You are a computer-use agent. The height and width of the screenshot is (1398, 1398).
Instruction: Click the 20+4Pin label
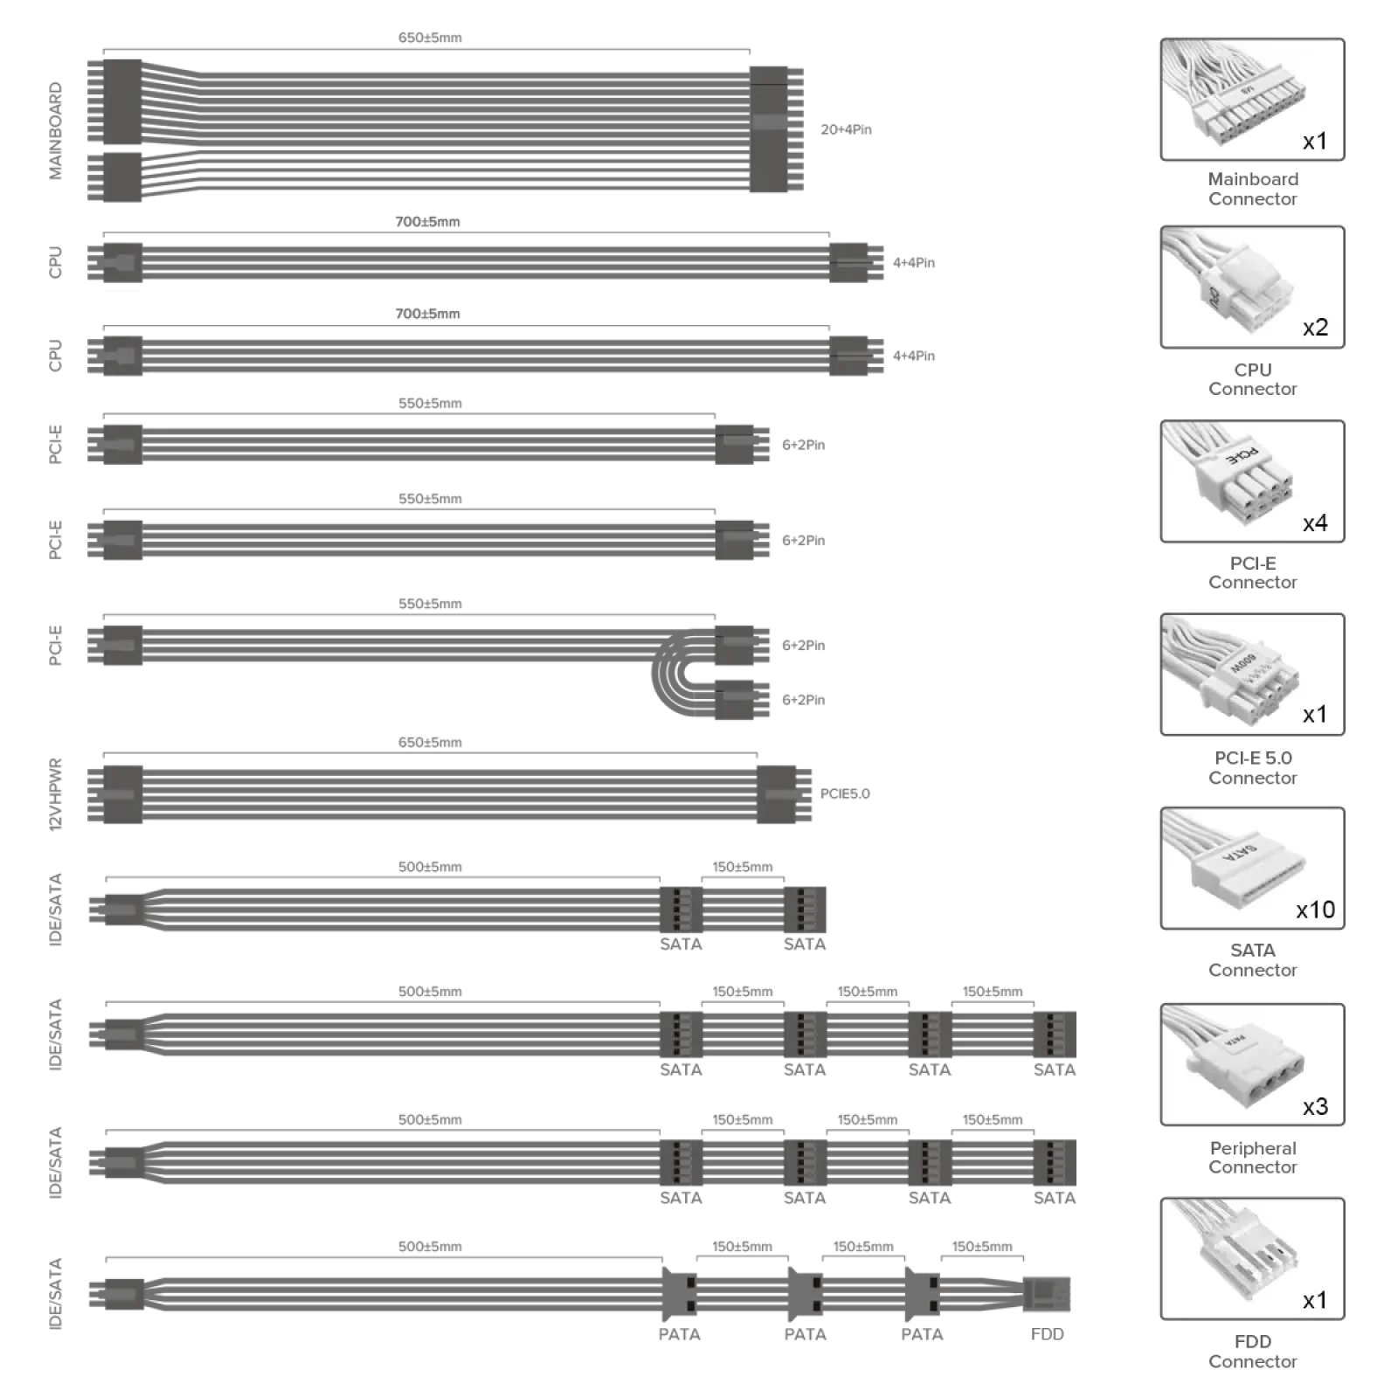(x=846, y=129)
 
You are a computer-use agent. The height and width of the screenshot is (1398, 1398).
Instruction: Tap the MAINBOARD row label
(x=55, y=131)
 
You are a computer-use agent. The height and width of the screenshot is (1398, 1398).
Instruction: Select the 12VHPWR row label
(x=55, y=793)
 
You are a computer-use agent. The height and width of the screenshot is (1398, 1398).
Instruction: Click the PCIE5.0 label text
(x=845, y=793)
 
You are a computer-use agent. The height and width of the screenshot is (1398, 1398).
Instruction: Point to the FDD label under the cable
(x=1047, y=1334)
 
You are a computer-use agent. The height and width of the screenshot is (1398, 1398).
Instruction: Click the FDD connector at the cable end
(x=1046, y=1294)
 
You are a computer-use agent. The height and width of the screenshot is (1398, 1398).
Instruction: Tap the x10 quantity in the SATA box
(x=1315, y=910)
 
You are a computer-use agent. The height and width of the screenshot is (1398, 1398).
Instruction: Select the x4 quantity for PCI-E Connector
(x=1315, y=523)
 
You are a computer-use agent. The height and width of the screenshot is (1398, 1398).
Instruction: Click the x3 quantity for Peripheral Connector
(x=1315, y=1106)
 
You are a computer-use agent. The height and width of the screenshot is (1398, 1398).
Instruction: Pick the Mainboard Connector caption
(x=1253, y=189)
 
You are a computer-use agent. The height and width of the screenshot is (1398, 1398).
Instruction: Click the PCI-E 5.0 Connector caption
(x=1253, y=767)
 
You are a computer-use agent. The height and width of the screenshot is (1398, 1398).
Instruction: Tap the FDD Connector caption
(x=1253, y=1351)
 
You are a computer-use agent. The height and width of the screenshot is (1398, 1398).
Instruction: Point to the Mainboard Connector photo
(x=1252, y=100)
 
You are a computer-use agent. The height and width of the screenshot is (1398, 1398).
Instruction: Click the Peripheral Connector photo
(x=1252, y=1064)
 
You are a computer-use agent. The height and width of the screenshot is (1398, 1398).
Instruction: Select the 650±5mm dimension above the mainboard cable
(x=430, y=38)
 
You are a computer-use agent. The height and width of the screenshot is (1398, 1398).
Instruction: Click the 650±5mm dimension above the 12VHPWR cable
(x=430, y=743)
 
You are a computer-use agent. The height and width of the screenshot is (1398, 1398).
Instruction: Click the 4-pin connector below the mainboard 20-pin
(x=114, y=176)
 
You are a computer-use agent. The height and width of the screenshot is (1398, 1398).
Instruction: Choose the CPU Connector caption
(x=1253, y=379)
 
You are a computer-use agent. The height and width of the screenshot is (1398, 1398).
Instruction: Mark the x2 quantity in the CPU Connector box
(x=1315, y=327)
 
